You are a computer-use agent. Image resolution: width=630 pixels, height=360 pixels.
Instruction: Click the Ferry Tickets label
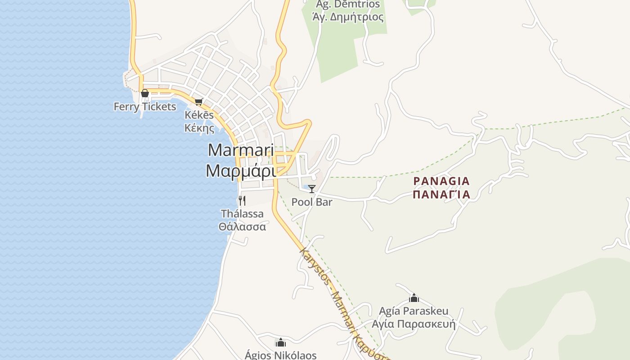point(145,107)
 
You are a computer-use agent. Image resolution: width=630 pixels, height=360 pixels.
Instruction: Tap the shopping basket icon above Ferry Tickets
point(145,93)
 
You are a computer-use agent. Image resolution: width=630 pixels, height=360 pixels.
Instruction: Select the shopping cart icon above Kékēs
point(199,102)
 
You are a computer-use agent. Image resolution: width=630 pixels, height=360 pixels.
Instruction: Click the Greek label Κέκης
point(199,128)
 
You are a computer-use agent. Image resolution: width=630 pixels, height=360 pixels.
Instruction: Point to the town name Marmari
point(241,150)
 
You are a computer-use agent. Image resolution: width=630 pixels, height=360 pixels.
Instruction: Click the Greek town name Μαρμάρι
point(241,171)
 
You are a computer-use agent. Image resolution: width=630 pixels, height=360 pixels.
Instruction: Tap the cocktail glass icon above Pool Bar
point(312,189)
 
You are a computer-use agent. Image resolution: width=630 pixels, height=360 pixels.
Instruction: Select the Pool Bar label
point(312,202)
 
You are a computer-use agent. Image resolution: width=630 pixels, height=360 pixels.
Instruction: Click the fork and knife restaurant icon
point(242,200)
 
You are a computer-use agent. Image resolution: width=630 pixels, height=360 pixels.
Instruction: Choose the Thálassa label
point(242,213)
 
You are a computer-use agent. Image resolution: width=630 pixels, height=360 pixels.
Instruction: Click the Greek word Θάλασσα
point(242,226)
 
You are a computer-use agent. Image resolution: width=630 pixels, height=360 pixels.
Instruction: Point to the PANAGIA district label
point(441,181)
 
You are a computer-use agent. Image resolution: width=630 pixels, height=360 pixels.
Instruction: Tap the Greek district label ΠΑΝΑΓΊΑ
point(441,194)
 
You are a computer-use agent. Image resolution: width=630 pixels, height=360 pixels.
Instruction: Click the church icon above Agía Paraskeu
point(414,298)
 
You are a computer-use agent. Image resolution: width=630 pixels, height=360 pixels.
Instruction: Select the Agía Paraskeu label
point(414,311)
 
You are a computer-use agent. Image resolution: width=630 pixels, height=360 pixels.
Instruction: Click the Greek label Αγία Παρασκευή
point(414,324)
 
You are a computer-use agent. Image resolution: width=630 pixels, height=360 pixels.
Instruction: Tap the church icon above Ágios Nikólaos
point(281,342)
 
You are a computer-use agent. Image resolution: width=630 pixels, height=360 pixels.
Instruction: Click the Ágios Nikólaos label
point(281,355)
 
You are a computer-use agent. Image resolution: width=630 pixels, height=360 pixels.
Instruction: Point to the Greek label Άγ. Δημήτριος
point(348,18)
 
